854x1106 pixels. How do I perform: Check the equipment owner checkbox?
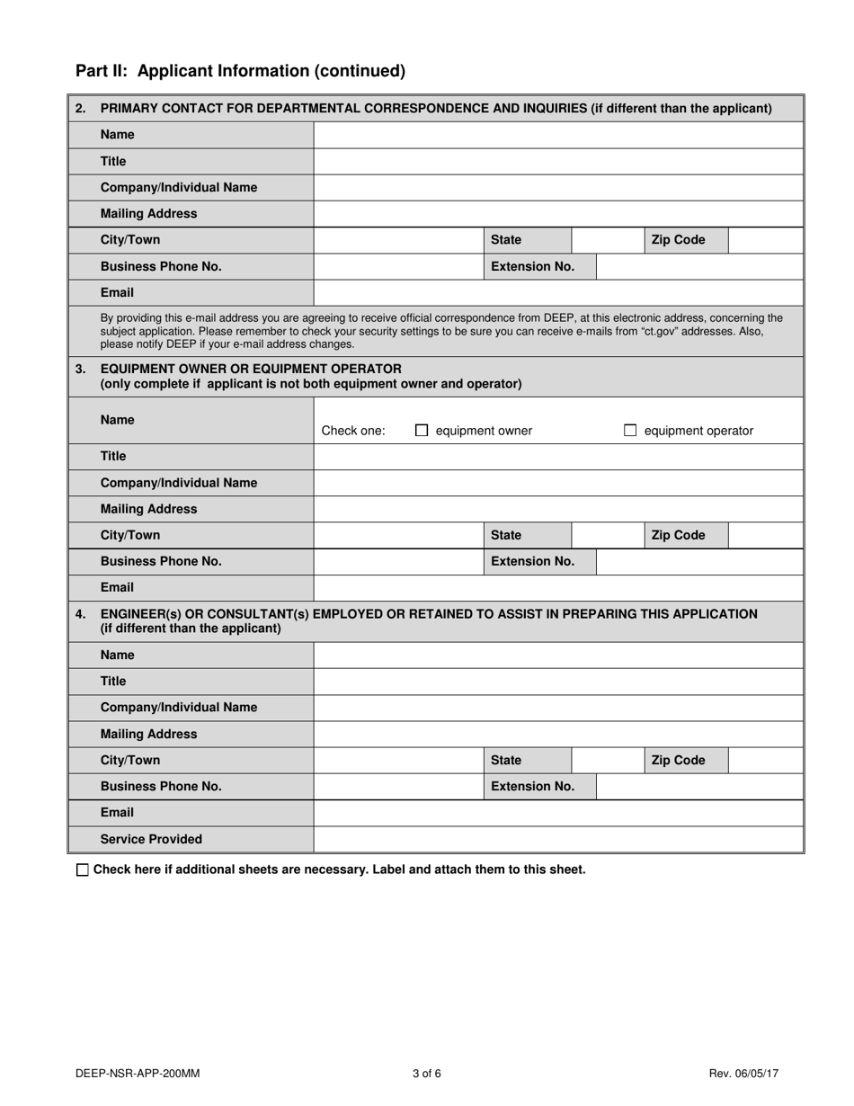point(422,431)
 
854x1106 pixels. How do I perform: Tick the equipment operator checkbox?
point(630,431)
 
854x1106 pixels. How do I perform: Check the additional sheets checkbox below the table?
point(83,870)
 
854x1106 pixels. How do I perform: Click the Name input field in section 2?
point(557,135)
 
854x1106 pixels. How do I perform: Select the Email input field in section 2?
point(557,292)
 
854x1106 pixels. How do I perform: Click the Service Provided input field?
point(557,839)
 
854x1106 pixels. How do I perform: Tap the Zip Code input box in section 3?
point(764,535)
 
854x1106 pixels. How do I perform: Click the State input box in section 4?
point(607,760)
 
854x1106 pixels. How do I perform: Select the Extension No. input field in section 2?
point(699,266)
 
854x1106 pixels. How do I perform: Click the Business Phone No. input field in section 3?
point(398,561)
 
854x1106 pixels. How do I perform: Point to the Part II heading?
point(240,71)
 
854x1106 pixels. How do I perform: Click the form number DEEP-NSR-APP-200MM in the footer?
point(138,1073)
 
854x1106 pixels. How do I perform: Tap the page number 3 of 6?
point(427,1073)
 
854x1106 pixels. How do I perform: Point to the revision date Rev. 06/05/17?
point(743,1073)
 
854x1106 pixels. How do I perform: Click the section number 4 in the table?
point(81,614)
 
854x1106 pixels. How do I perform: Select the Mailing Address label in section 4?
point(148,734)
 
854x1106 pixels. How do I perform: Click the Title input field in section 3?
point(557,456)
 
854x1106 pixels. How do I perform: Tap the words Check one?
point(353,431)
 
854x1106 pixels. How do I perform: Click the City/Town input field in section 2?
point(398,240)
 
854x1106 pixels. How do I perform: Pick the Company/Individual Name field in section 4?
point(557,708)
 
